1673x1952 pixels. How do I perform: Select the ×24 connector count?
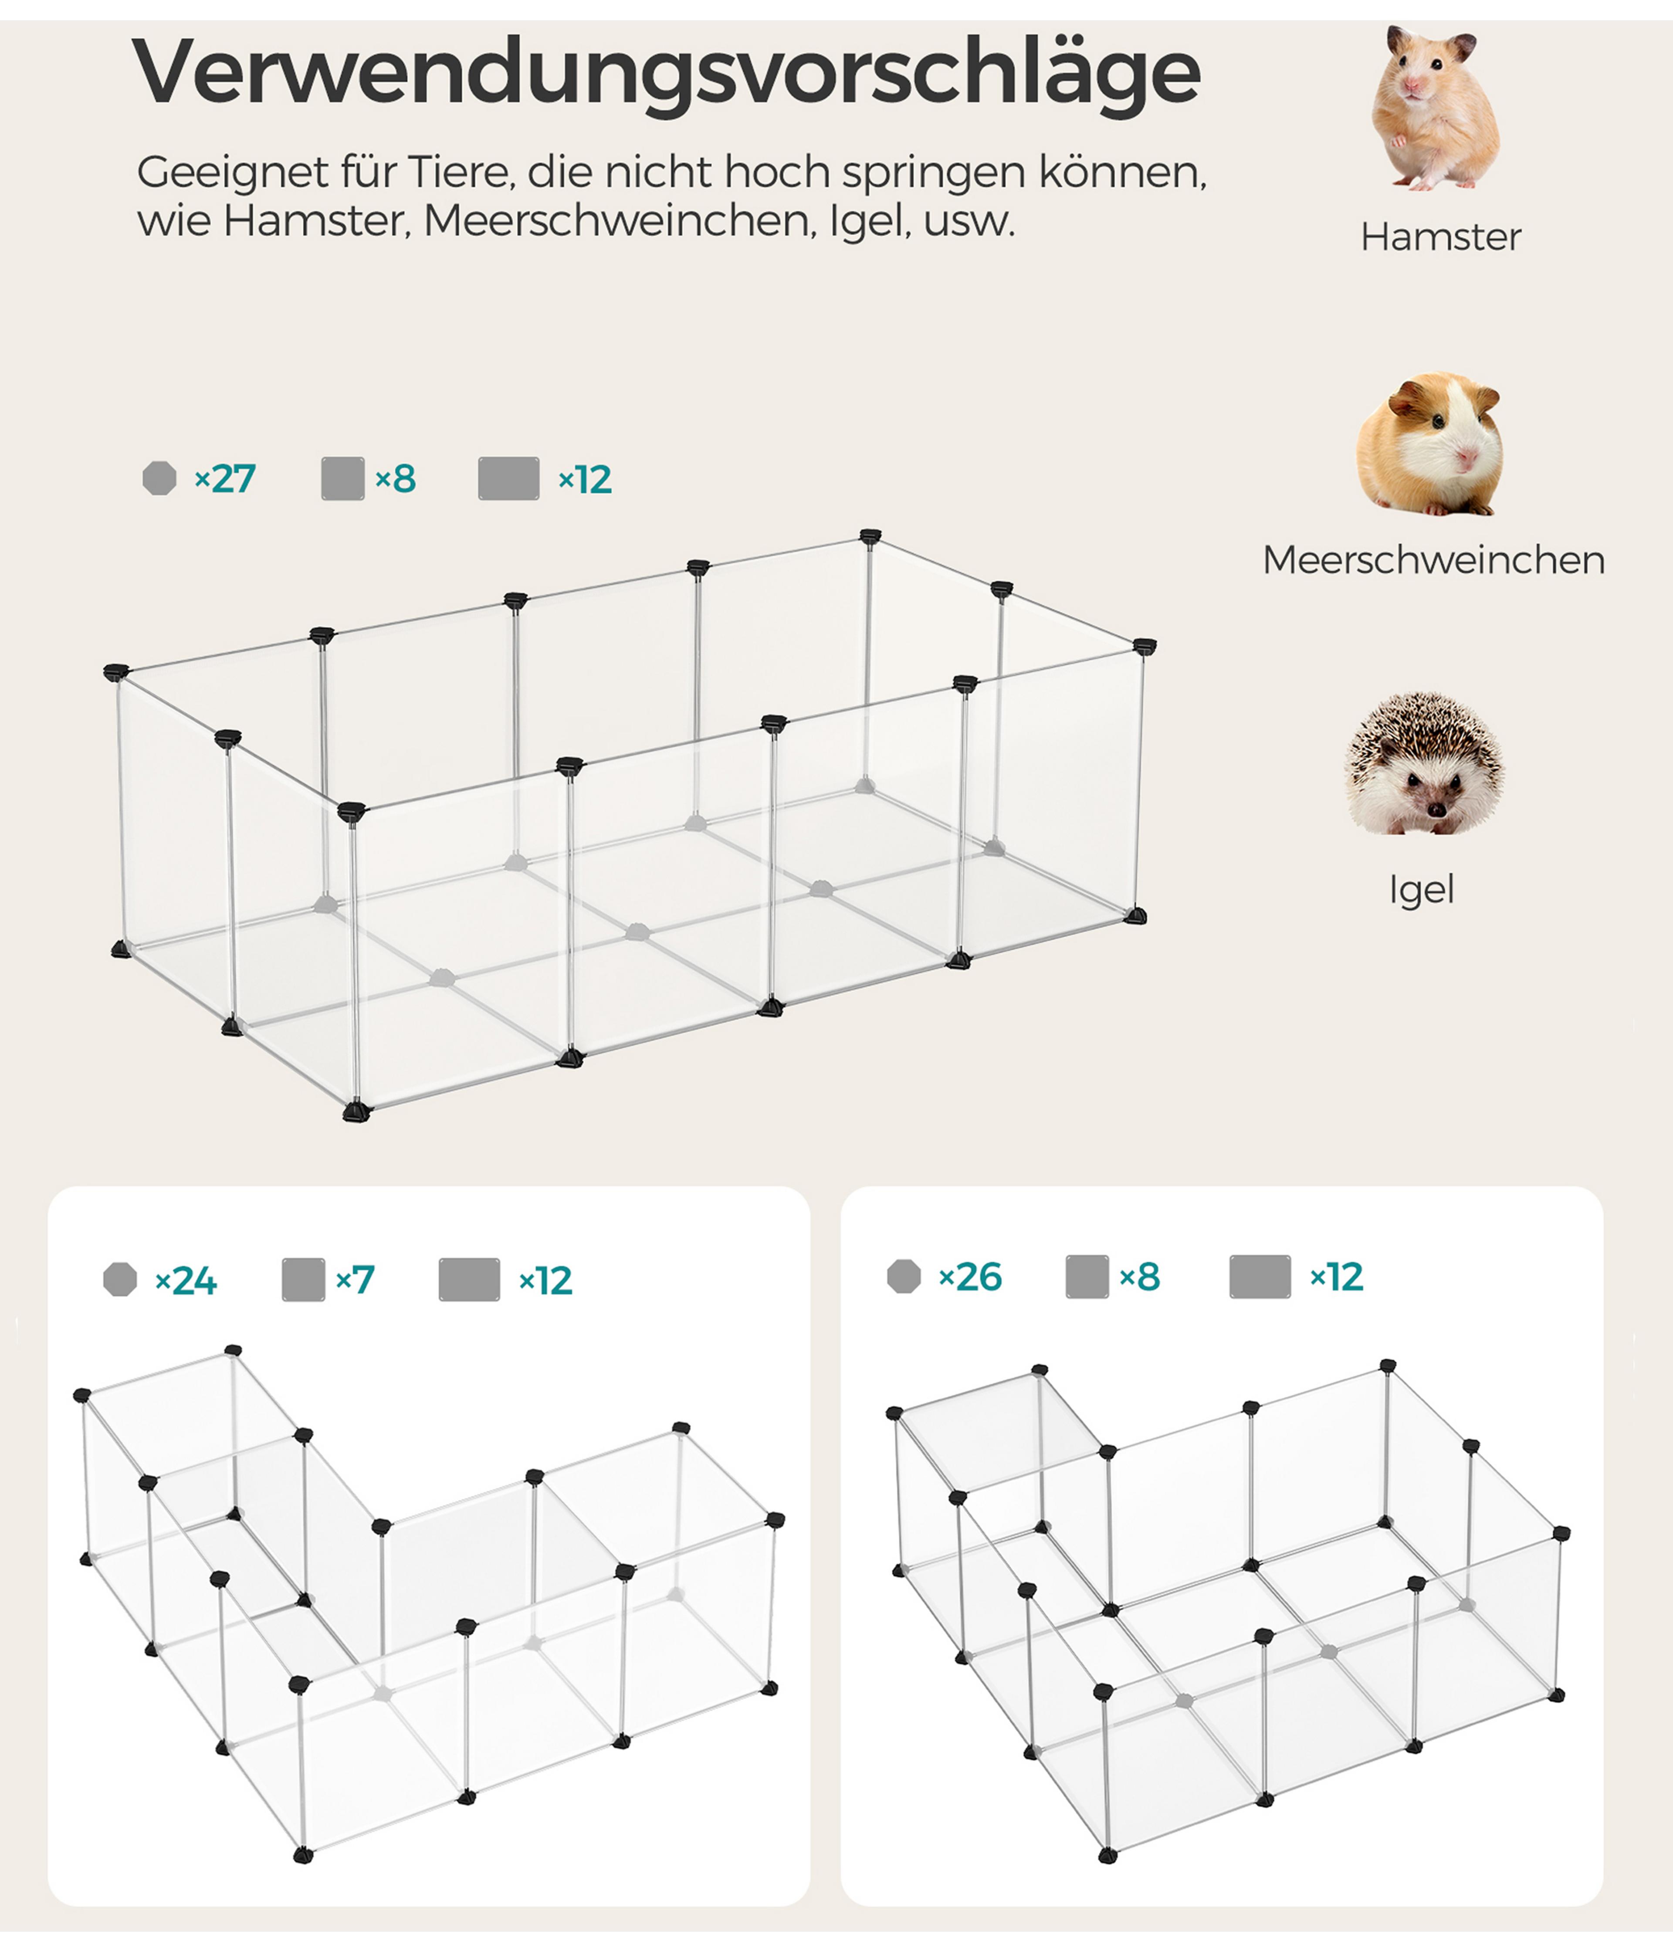(x=186, y=1280)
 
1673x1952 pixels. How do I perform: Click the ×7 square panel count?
(x=355, y=1279)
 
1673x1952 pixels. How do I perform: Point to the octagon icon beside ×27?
(x=159, y=478)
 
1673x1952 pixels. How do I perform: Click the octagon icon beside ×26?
(x=904, y=1277)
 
